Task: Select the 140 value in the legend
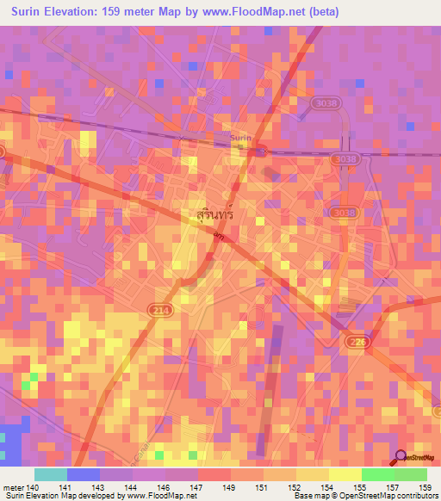click(x=34, y=486)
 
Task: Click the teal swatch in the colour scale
click(x=50, y=474)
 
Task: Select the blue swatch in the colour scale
click(x=83, y=474)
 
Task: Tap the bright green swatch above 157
click(x=377, y=474)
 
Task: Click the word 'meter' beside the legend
click(x=13, y=486)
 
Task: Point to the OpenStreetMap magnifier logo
click(x=401, y=456)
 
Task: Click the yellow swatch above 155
click(x=345, y=474)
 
